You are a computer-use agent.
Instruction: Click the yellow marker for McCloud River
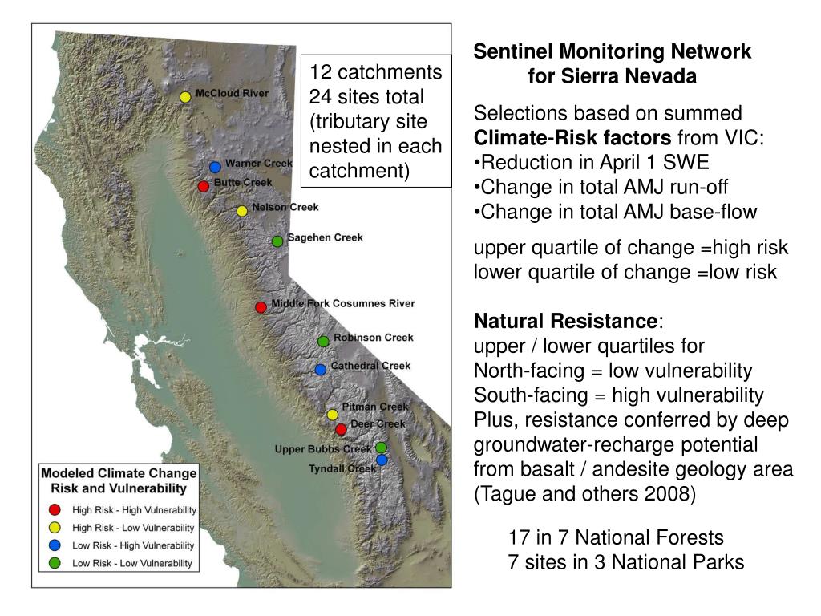[185, 97]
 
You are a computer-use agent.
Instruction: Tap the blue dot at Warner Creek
[215, 167]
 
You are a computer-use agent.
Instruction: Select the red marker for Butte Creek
[204, 186]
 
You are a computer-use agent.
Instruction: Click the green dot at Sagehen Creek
[277, 241]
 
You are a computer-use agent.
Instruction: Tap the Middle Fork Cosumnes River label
[342, 303]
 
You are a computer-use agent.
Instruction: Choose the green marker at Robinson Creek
[323, 341]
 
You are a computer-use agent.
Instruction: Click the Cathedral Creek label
[370, 366]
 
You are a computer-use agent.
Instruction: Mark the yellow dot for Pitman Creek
[332, 415]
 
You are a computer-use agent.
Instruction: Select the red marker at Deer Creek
[342, 429]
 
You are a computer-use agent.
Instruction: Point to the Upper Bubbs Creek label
[322, 449]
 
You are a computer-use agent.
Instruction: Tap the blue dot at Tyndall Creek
[382, 460]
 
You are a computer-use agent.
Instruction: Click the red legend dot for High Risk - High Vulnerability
[55, 509]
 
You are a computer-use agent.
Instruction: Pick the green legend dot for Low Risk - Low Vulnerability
[55, 562]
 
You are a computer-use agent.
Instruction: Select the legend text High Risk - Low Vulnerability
[133, 528]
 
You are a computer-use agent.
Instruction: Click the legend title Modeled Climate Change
[119, 473]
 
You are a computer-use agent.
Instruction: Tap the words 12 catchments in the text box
[376, 72]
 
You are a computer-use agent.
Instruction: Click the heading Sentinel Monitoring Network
[612, 52]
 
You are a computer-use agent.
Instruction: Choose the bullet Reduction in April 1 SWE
[592, 162]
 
